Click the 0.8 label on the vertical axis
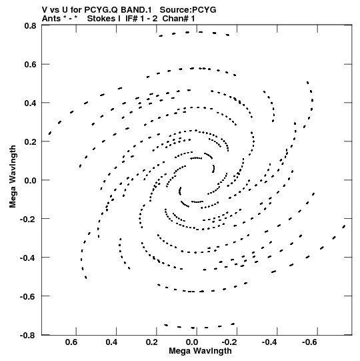[x=31, y=25]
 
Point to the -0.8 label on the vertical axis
[x=28, y=335]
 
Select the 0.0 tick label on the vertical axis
[x=31, y=180]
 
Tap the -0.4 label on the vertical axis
[x=28, y=258]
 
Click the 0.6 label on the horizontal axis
[x=71, y=342]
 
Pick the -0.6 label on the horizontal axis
[x=309, y=342]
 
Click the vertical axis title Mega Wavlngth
[x=13, y=177]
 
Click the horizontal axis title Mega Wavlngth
[x=200, y=351]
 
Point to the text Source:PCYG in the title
[x=188, y=10]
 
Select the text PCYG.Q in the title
[x=101, y=10]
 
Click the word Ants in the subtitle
[x=51, y=19]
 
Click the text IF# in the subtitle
[x=131, y=19]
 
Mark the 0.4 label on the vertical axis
[x=31, y=103]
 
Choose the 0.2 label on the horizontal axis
[x=152, y=342]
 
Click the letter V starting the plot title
[x=45, y=10]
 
